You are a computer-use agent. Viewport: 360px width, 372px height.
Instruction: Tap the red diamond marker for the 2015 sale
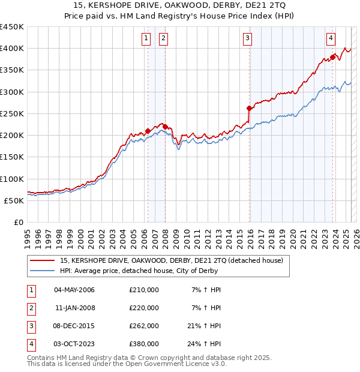[x=249, y=109]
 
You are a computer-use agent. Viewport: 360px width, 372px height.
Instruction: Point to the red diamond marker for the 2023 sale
[x=332, y=57]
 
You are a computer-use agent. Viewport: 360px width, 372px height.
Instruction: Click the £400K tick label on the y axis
[x=12, y=49]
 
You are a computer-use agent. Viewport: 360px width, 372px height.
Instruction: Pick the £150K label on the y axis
[x=12, y=157]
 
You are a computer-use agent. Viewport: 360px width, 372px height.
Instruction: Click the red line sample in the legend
[x=42, y=260]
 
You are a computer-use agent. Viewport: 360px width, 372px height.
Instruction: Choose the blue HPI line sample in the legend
[x=42, y=271]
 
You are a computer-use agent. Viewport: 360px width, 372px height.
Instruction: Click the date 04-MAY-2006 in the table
[x=74, y=290]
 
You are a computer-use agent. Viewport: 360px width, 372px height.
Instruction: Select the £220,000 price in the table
[x=144, y=308]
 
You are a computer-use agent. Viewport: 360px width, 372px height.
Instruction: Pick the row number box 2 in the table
[x=29, y=308]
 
